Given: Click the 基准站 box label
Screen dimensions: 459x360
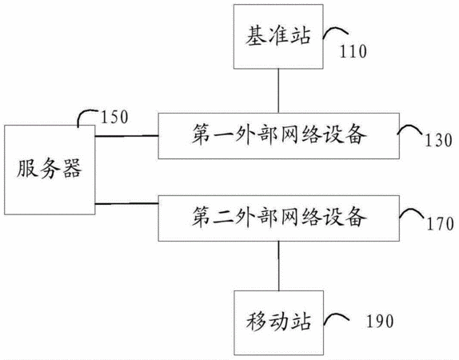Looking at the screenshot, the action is pos(277,36).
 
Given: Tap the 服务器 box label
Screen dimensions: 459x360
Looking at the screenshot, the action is pos(49,169).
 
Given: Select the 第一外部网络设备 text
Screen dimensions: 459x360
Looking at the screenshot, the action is pos(278,134).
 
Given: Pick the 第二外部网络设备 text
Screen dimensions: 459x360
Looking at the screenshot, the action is pos(278,217).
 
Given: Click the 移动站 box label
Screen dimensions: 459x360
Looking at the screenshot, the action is pos(278,322).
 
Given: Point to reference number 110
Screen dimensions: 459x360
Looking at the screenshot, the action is pos(353,51).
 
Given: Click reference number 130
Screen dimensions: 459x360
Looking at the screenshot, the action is pos(438,140).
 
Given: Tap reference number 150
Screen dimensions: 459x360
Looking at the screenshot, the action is pos(114,117).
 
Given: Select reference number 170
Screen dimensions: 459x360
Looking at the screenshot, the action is pos(440,224).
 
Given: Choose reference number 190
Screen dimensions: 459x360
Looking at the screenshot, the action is pos(380,321).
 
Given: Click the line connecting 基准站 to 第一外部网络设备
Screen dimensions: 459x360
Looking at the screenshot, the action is pos(278,91).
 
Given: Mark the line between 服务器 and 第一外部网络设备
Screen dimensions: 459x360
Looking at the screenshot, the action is pos(127,136).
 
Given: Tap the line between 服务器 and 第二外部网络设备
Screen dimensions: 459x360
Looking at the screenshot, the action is pos(127,203).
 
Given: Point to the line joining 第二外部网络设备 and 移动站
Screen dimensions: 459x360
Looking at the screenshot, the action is pos(278,266).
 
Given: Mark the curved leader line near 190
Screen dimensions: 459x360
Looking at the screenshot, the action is pos(337,315).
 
